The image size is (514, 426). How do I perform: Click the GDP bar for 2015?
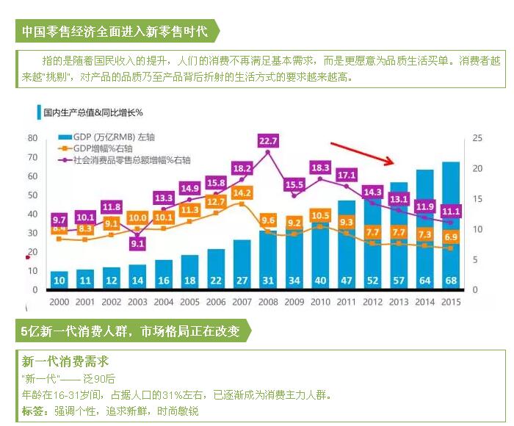pyautogui.click(x=451, y=220)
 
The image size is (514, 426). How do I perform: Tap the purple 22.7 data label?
pyautogui.click(x=269, y=141)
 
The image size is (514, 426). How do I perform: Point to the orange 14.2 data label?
pyautogui.click(x=242, y=193)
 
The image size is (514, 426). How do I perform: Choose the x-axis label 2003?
pyautogui.click(x=138, y=300)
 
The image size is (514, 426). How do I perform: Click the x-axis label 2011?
pyautogui.click(x=347, y=300)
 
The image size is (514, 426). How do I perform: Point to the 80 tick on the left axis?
pyautogui.click(x=32, y=138)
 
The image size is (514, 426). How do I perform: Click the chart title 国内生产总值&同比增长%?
pyautogui.click(x=91, y=113)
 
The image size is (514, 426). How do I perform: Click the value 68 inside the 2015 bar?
pyautogui.click(x=451, y=280)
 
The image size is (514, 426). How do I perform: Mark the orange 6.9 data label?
pyautogui.click(x=451, y=237)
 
